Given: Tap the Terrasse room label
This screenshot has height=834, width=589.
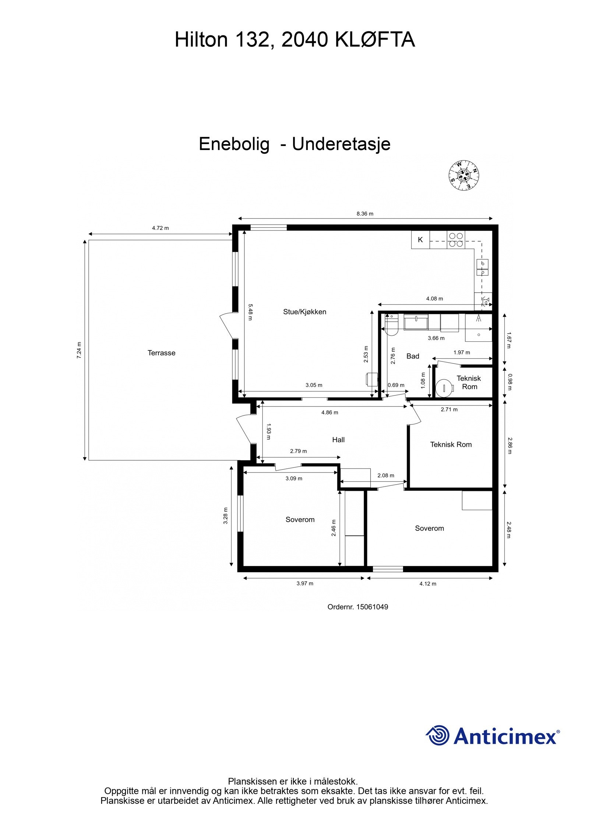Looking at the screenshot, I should click(x=161, y=353).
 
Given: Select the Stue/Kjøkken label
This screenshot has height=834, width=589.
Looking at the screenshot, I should click(x=304, y=311).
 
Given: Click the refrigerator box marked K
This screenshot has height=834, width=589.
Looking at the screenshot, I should click(x=420, y=240).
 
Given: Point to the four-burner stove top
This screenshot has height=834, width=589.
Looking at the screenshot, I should click(x=456, y=240).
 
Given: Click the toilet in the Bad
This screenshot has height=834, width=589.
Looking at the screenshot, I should click(x=391, y=326).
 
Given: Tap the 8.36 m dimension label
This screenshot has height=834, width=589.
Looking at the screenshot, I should click(x=365, y=214).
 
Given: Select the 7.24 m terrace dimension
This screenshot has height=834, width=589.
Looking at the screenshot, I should click(x=79, y=350).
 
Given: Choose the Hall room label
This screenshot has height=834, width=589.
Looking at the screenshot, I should click(x=338, y=439).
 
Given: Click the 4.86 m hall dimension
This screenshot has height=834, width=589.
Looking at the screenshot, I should click(x=329, y=412).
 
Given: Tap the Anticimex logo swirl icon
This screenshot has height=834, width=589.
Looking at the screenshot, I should click(x=438, y=735).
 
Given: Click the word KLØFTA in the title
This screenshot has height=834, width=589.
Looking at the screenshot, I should click(x=375, y=40).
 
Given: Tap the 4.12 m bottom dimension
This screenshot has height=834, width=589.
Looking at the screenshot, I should click(x=428, y=583).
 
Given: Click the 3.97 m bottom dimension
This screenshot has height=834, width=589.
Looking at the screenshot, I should click(x=305, y=583).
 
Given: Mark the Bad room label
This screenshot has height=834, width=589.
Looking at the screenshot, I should click(x=413, y=356).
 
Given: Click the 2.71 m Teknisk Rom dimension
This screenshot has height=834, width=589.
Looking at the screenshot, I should click(x=449, y=409).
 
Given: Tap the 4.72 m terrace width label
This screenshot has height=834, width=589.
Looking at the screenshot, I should click(x=161, y=228).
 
